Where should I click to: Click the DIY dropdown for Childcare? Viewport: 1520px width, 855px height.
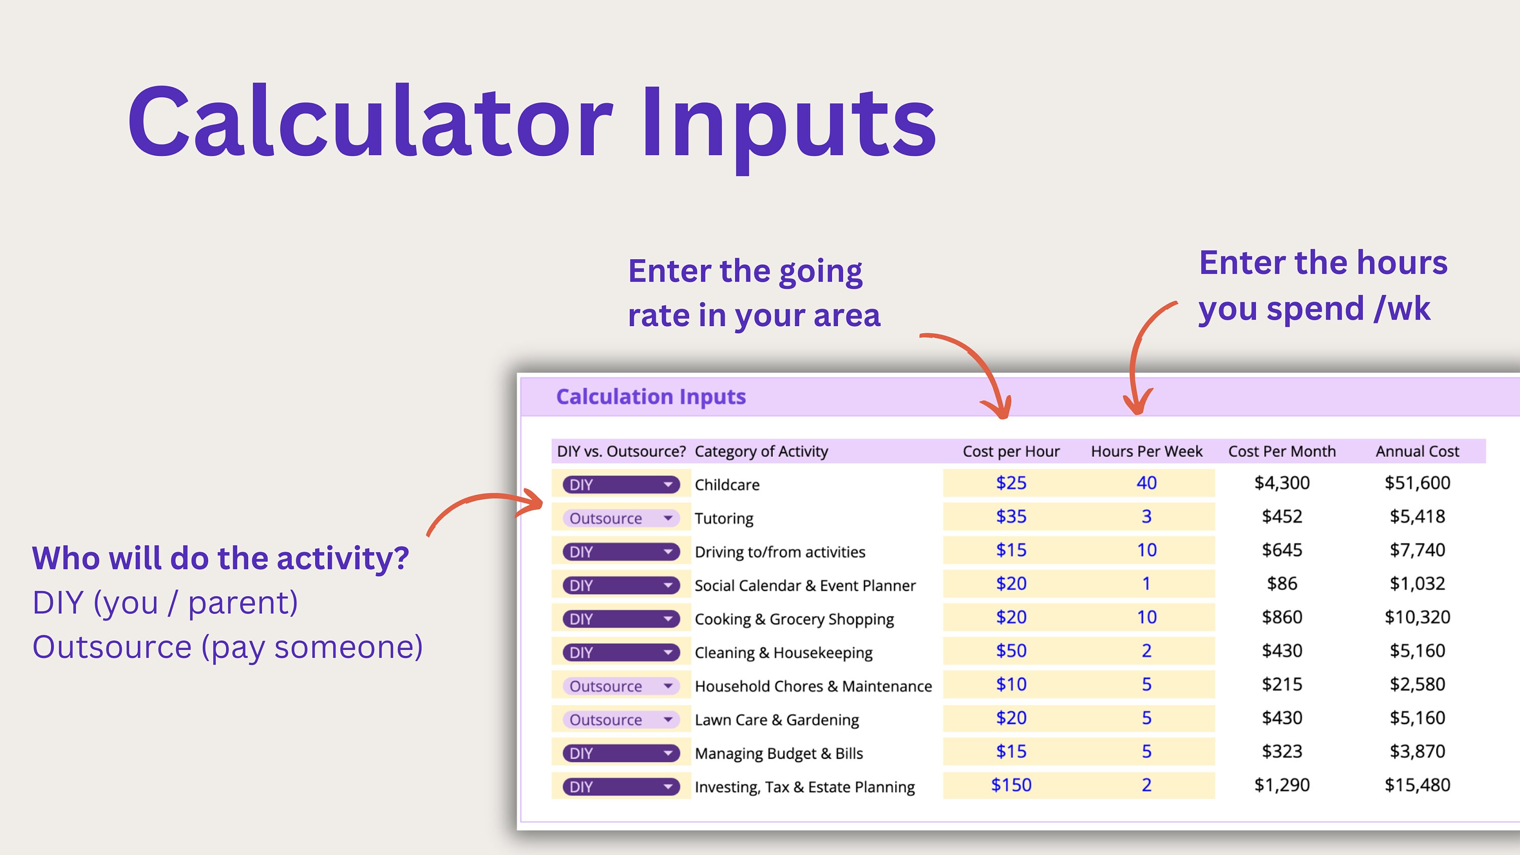[621, 484]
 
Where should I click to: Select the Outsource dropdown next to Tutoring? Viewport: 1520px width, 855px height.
[621, 518]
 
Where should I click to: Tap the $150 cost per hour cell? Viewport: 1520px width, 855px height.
[1011, 785]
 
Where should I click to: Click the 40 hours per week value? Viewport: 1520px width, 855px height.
[1146, 483]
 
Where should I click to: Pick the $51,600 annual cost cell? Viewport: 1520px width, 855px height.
[1417, 483]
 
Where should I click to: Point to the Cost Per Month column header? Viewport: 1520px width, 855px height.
[1282, 451]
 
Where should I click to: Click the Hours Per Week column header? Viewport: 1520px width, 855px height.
[1147, 451]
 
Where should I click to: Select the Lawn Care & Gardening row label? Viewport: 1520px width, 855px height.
[777, 720]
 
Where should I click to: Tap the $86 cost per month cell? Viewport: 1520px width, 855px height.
[1282, 584]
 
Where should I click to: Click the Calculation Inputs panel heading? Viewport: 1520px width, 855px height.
[651, 397]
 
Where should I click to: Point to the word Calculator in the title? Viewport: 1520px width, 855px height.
[370, 122]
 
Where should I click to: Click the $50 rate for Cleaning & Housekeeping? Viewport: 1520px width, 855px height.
[1011, 651]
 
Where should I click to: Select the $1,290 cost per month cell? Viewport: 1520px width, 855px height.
[1282, 785]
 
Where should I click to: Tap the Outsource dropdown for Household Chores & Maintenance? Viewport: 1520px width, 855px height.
[621, 686]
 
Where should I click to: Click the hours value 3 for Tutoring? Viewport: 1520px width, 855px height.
[1146, 516]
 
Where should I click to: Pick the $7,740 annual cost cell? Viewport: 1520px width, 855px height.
[1417, 550]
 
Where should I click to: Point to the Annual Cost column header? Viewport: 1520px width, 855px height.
[1417, 451]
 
